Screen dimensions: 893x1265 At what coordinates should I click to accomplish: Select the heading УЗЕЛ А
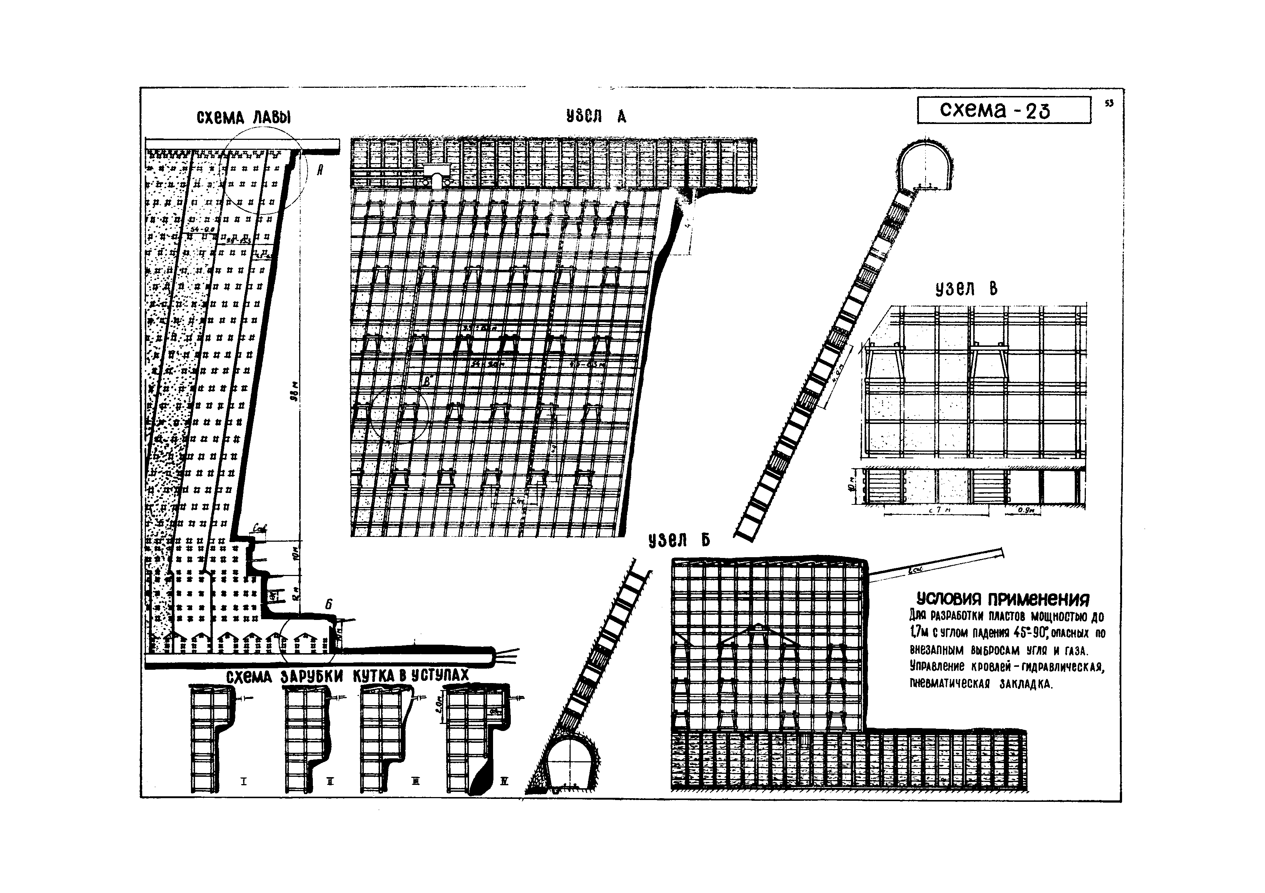596,116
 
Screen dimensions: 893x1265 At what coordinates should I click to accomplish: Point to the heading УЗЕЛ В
966,289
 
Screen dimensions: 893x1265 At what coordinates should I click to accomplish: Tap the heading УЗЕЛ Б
679,541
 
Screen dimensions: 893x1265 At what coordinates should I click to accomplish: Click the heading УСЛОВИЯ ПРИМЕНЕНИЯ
1003,599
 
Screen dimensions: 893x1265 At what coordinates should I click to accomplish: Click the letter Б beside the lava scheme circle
328,604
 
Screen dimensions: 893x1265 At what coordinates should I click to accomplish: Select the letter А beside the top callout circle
319,171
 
